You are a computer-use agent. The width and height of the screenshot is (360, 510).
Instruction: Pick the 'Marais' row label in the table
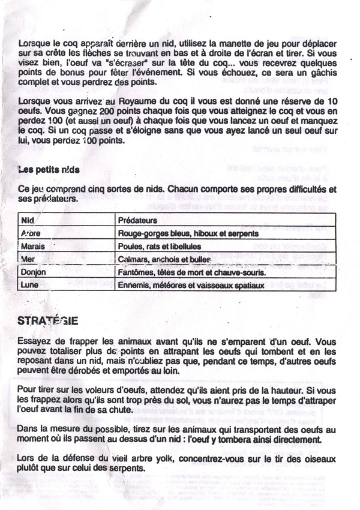click(32, 247)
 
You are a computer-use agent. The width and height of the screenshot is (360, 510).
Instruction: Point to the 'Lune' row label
click(30, 285)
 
